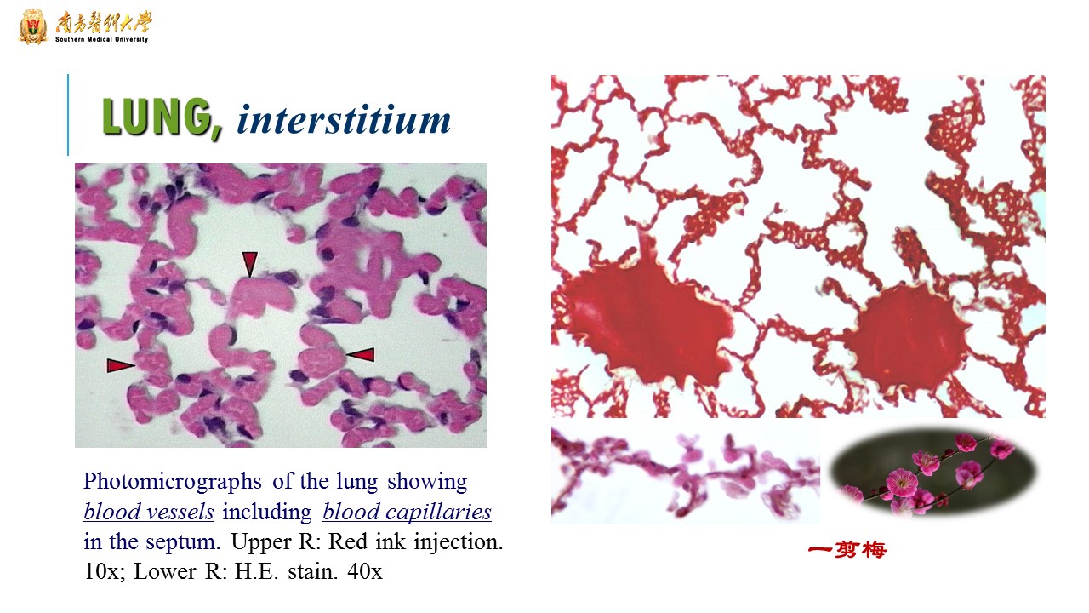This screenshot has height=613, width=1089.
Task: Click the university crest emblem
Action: (x=33, y=26)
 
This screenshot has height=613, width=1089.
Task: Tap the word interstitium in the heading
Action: (x=344, y=119)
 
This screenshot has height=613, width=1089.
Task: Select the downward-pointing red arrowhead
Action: (x=249, y=264)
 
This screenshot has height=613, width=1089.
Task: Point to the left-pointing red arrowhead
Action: (x=361, y=354)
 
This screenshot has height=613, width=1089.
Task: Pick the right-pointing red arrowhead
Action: (x=121, y=365)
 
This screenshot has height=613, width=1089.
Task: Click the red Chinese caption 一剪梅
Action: (x=847, y=550)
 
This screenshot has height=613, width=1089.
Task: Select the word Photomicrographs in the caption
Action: (x=173, y=482)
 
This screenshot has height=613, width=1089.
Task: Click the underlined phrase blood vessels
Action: (x=149, y=512)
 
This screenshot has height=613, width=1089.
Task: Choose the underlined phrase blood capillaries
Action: (x=407, y=512)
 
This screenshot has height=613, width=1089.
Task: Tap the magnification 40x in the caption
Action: (x=365, y=571)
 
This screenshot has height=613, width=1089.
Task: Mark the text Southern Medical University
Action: (x=101, y=39)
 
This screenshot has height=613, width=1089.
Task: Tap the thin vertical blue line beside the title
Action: (x=68, y=115)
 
